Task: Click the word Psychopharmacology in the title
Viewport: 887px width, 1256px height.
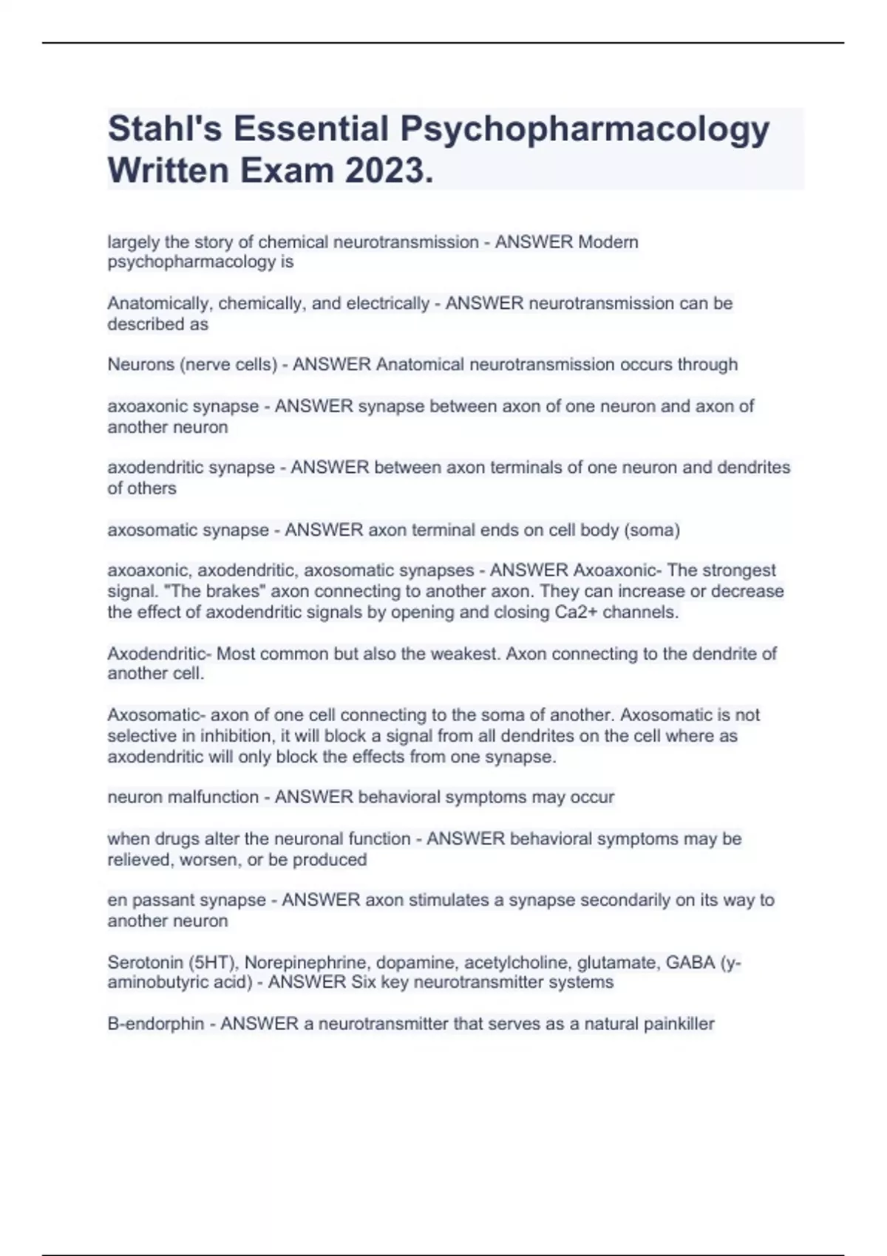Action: point(585,130)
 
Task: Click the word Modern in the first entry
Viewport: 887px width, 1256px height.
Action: point(608,242)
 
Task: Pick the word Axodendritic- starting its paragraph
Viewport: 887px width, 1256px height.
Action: point(159,654)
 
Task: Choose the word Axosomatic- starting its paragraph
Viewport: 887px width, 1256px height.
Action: point(156,715)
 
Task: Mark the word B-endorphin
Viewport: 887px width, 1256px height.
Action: point(155,1024)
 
